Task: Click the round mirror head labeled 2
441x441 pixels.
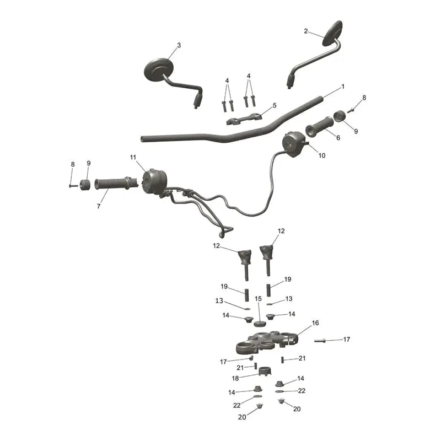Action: point(332,33)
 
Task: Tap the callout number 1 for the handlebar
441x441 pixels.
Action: point(343,87)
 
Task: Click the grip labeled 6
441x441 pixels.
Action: point(320,127)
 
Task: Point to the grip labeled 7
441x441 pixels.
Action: point(116,184)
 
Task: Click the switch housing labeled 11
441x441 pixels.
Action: point(155,182)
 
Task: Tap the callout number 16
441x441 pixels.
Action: point(315,323)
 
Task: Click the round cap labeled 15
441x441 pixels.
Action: point(260,324)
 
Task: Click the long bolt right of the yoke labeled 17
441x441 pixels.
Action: point(320,341)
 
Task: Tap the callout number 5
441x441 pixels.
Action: point(275,105)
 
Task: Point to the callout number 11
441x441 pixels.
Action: point(133,157)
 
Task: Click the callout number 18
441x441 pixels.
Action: point(235,378)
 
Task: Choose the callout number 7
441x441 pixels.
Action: point(99,206)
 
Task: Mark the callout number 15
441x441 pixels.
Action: point(258,299)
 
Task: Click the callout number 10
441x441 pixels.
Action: point(322,155)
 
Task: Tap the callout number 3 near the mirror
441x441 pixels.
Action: point(179,45)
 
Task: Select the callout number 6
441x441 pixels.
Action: point(338,137)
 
